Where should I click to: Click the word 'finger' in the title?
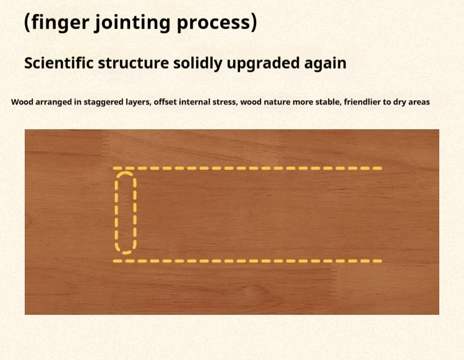click(x=60, y=22)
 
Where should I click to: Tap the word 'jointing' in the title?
click(x=132, y=22)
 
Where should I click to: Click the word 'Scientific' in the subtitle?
click(x=59, y=63)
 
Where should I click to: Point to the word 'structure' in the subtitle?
click(x=133, y=64)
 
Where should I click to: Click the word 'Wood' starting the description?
click(x=21, y=102)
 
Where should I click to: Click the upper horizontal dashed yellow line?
click(x=247, y=168)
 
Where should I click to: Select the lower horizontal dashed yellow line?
click(x=247, y=261)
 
